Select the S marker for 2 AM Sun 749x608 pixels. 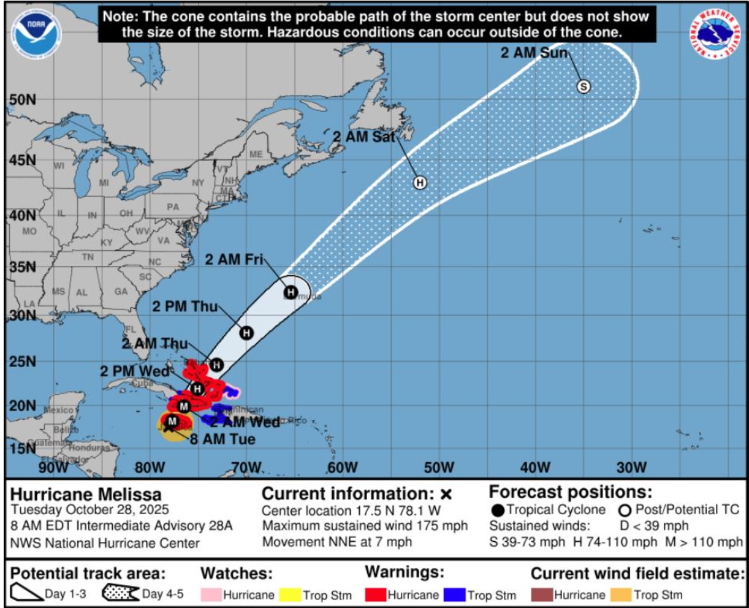[x=584, y=86]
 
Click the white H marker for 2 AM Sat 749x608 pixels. [x=420, y=182]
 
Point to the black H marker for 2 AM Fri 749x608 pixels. [x=290, y=292]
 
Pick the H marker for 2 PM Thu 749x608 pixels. [x=246, y=333]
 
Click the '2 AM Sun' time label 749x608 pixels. [x=534, y=53]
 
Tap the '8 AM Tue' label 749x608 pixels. [x=222, y=439]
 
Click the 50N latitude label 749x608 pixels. [x=23, y=100]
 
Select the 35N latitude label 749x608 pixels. [x=23, y=267]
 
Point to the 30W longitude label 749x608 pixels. [x=631, y=468]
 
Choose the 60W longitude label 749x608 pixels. [x=342, y=468]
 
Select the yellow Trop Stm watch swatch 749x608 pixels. [x=290, y=595]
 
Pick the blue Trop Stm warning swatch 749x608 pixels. [x=454, y=595]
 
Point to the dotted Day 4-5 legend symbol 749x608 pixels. [x=121, y=593]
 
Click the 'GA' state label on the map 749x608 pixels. [x=121, y=292]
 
